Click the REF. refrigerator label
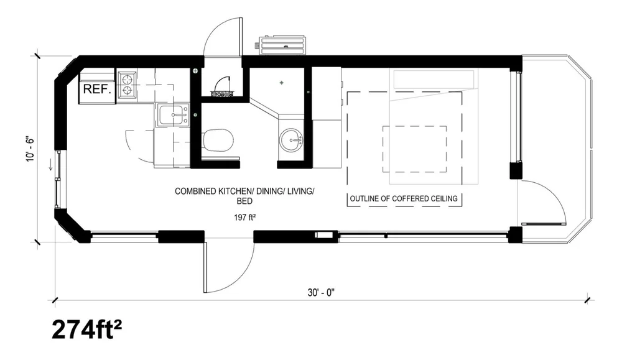point(97,89)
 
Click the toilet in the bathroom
point(218,141)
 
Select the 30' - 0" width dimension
point(320,293)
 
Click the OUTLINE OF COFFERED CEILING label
point(404,199)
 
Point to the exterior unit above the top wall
point(282,45)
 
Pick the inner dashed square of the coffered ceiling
point(414,150)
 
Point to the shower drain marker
point(281,82)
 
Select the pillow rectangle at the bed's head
point(434,79)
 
